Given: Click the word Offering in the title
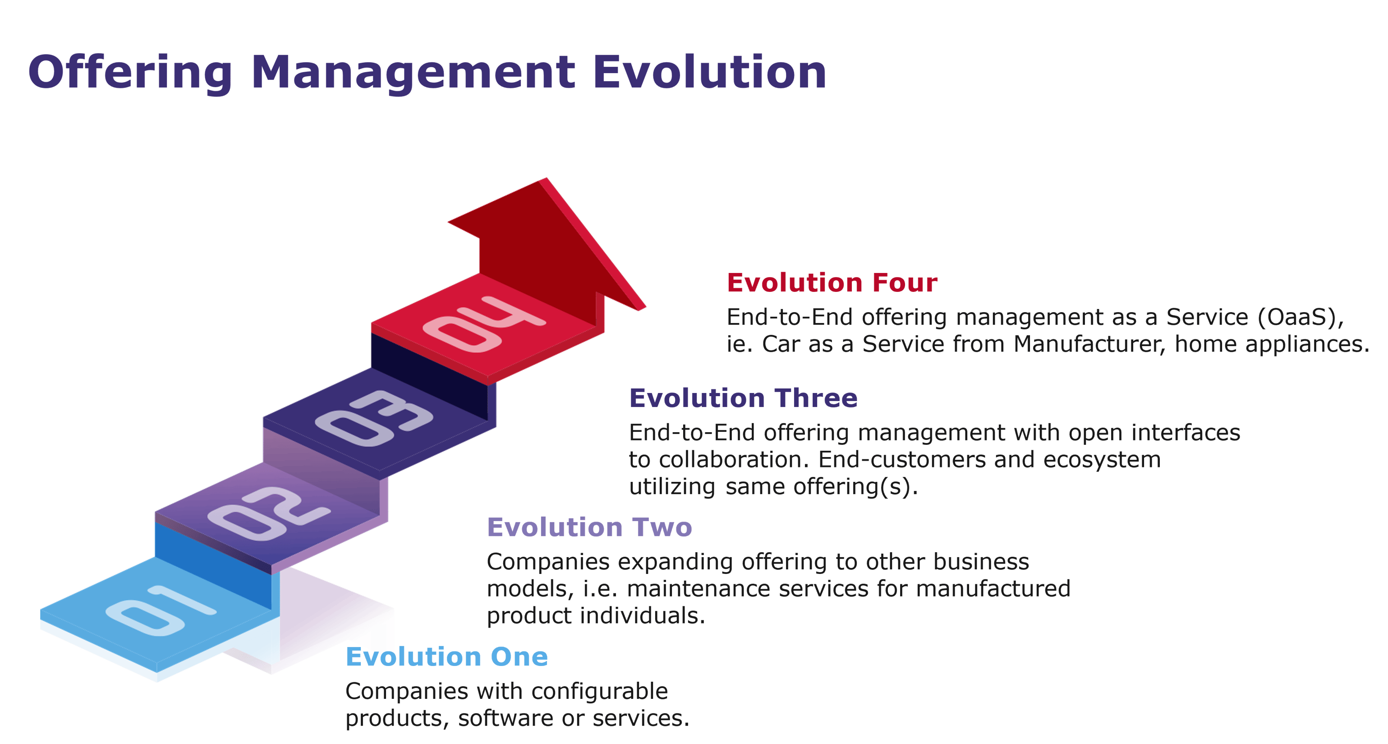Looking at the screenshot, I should pos(130,73).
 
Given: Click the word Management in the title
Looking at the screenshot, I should pos(413,73).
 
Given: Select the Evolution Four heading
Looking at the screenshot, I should pos(832,282).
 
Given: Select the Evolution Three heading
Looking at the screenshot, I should pos(743,398).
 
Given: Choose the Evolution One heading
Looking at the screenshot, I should pos(447,656).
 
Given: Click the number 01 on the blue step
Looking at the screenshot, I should pos(161,611).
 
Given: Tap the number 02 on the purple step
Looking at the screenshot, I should pos(268,512).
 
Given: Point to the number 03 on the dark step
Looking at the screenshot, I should pos(374,419).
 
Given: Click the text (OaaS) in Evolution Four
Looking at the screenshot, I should pos(1300,317).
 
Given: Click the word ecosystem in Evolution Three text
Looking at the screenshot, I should pos(1102,459).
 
